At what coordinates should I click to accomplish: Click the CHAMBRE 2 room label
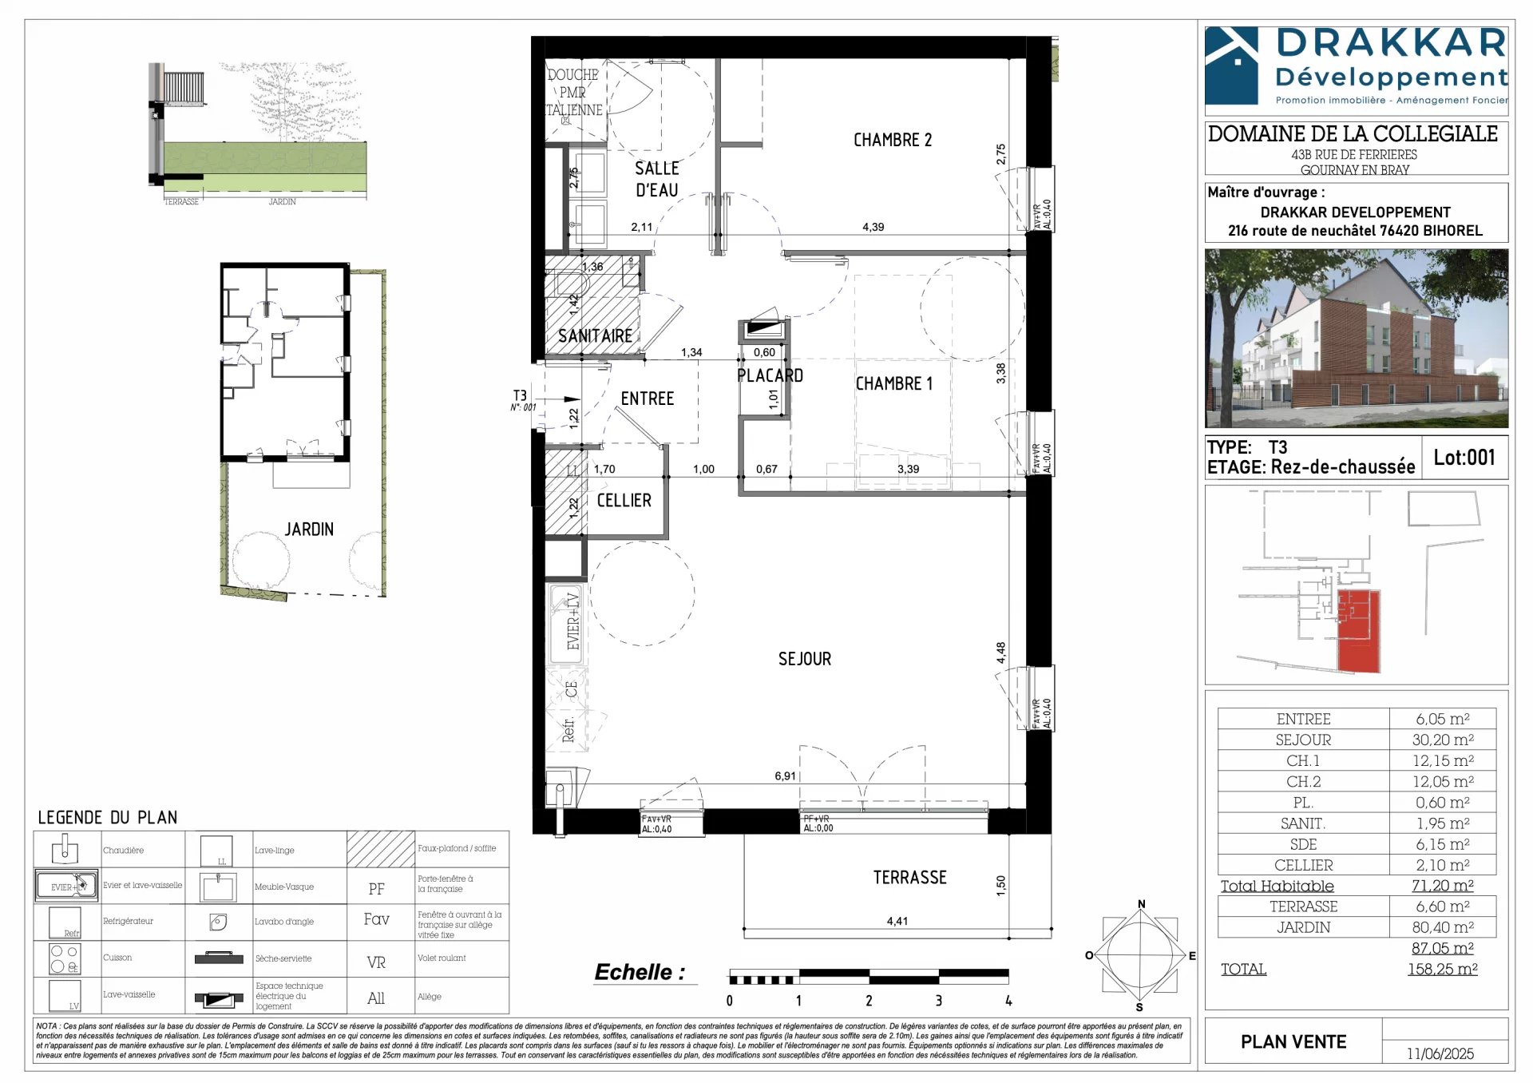click(x=892, y=141)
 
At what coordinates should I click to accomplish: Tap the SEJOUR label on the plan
click(x=804, y=659)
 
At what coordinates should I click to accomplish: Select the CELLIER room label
click(x=624, y=501)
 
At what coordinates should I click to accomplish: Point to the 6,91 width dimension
click(x=785, y=776)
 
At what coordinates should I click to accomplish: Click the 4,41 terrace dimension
click(x=897, y=921)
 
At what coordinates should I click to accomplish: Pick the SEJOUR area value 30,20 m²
click(x=1442, y=740)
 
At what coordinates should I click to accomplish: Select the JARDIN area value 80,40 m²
click(x=1442, y=927)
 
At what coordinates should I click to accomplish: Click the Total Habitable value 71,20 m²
click(x=1442, y=885)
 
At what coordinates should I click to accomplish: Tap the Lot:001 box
click(x=1464, y=458)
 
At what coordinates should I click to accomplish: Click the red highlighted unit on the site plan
click(x=1358, y=631)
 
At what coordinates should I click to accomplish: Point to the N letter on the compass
click(x=1141, y=904)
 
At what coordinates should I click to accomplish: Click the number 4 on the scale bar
click(x=1008, y=1001)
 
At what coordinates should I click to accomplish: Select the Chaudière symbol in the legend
click(x=65, y=849)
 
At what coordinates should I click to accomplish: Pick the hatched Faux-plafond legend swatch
click(x=380, y=849)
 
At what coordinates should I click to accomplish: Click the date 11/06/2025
click(x=1440, y=1053)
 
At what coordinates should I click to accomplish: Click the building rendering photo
click(x=1356, y=338)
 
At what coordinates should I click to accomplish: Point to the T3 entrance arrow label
click(x=520, y=396)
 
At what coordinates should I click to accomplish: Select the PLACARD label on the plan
click(x=769, y=375)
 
